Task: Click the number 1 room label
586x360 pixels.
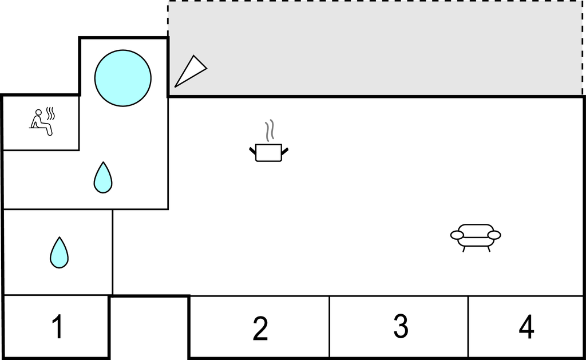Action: click(58, 327)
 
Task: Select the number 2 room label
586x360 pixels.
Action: click(260, 328)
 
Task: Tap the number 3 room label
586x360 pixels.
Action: click(401, 326)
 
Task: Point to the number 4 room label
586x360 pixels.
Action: click(526, 327)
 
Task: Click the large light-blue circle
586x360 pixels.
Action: click(123, 78)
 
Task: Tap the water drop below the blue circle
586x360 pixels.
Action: click(103, 177)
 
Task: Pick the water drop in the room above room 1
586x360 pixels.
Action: click(59, 253)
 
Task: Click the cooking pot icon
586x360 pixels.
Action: click(269, 152)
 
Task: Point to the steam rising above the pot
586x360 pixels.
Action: click(270, 130)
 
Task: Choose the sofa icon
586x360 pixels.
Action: click(476, 238)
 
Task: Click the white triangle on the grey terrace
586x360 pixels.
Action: click(191, 70)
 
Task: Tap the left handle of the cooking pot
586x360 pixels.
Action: click(252, 151)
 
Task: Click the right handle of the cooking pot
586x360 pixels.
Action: click(285, 151)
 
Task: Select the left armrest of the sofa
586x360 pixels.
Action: click(457, 235)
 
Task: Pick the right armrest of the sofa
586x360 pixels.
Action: click(494, 235)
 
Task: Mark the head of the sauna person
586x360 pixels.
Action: click(38, 112)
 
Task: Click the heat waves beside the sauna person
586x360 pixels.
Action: click(50, 114)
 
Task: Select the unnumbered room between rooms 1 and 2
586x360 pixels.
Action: click(149, 327)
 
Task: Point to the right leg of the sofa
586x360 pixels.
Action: click(488, 249)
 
